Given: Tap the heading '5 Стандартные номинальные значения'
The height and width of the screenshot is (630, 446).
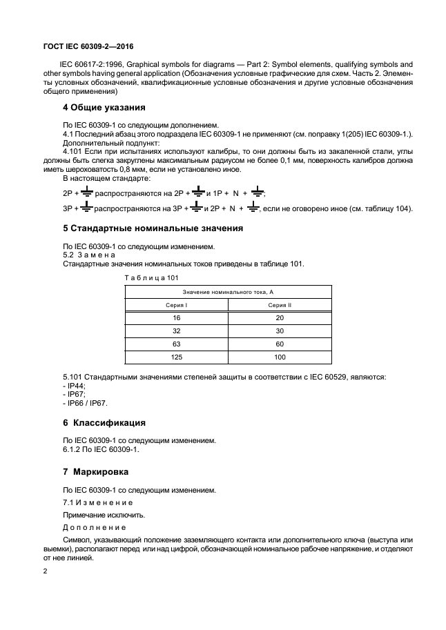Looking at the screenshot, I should pyautogui.click(x=153, y=227).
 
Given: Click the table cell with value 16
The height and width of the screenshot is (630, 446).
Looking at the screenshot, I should pyautogui.click(x=175, y=318).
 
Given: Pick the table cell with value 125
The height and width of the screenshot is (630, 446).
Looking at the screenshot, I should pyautogui.click(x=175, y=357).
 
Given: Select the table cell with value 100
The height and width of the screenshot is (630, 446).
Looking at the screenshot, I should pyautogui.click(x=280, y=357).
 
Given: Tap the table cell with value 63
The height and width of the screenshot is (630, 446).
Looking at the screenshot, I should pyautogui.click(x=175, y=344).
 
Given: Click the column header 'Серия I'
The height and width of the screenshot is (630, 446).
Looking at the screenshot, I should pyautogui.click(x=175, y=304).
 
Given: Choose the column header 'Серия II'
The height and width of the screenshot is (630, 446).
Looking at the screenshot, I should pyautogui.click(x=280, y=304).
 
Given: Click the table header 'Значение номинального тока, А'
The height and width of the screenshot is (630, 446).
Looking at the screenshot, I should pyautogui.click(x=228, y=292).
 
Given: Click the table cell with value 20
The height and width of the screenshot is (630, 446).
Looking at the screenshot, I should pyautogui.click(x=280, y=318).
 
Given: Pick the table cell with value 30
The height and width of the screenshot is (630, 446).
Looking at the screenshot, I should pyautogui.click(x=280, y=331).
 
